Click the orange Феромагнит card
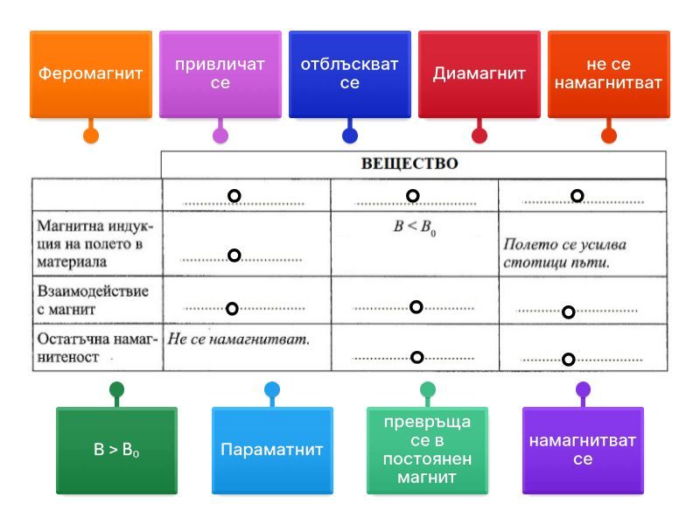click(90, 74)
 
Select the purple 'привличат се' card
click(220, 74)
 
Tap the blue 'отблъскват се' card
click(349, 74)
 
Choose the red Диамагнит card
click(479, 74)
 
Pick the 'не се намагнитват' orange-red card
click(608, 74)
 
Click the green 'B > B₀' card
click(116, 451)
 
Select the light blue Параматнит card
click(272, 451)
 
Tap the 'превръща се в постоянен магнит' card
click(427, 451)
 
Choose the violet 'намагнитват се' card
click(583, 451)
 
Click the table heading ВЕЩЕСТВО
click(409, 164)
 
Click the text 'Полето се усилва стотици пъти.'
click(564, 254)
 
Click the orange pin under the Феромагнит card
click(90, 136)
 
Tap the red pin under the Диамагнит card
click(479, 136)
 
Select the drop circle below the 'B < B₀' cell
click(416, 306)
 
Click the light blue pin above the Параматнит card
click(272, 389)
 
